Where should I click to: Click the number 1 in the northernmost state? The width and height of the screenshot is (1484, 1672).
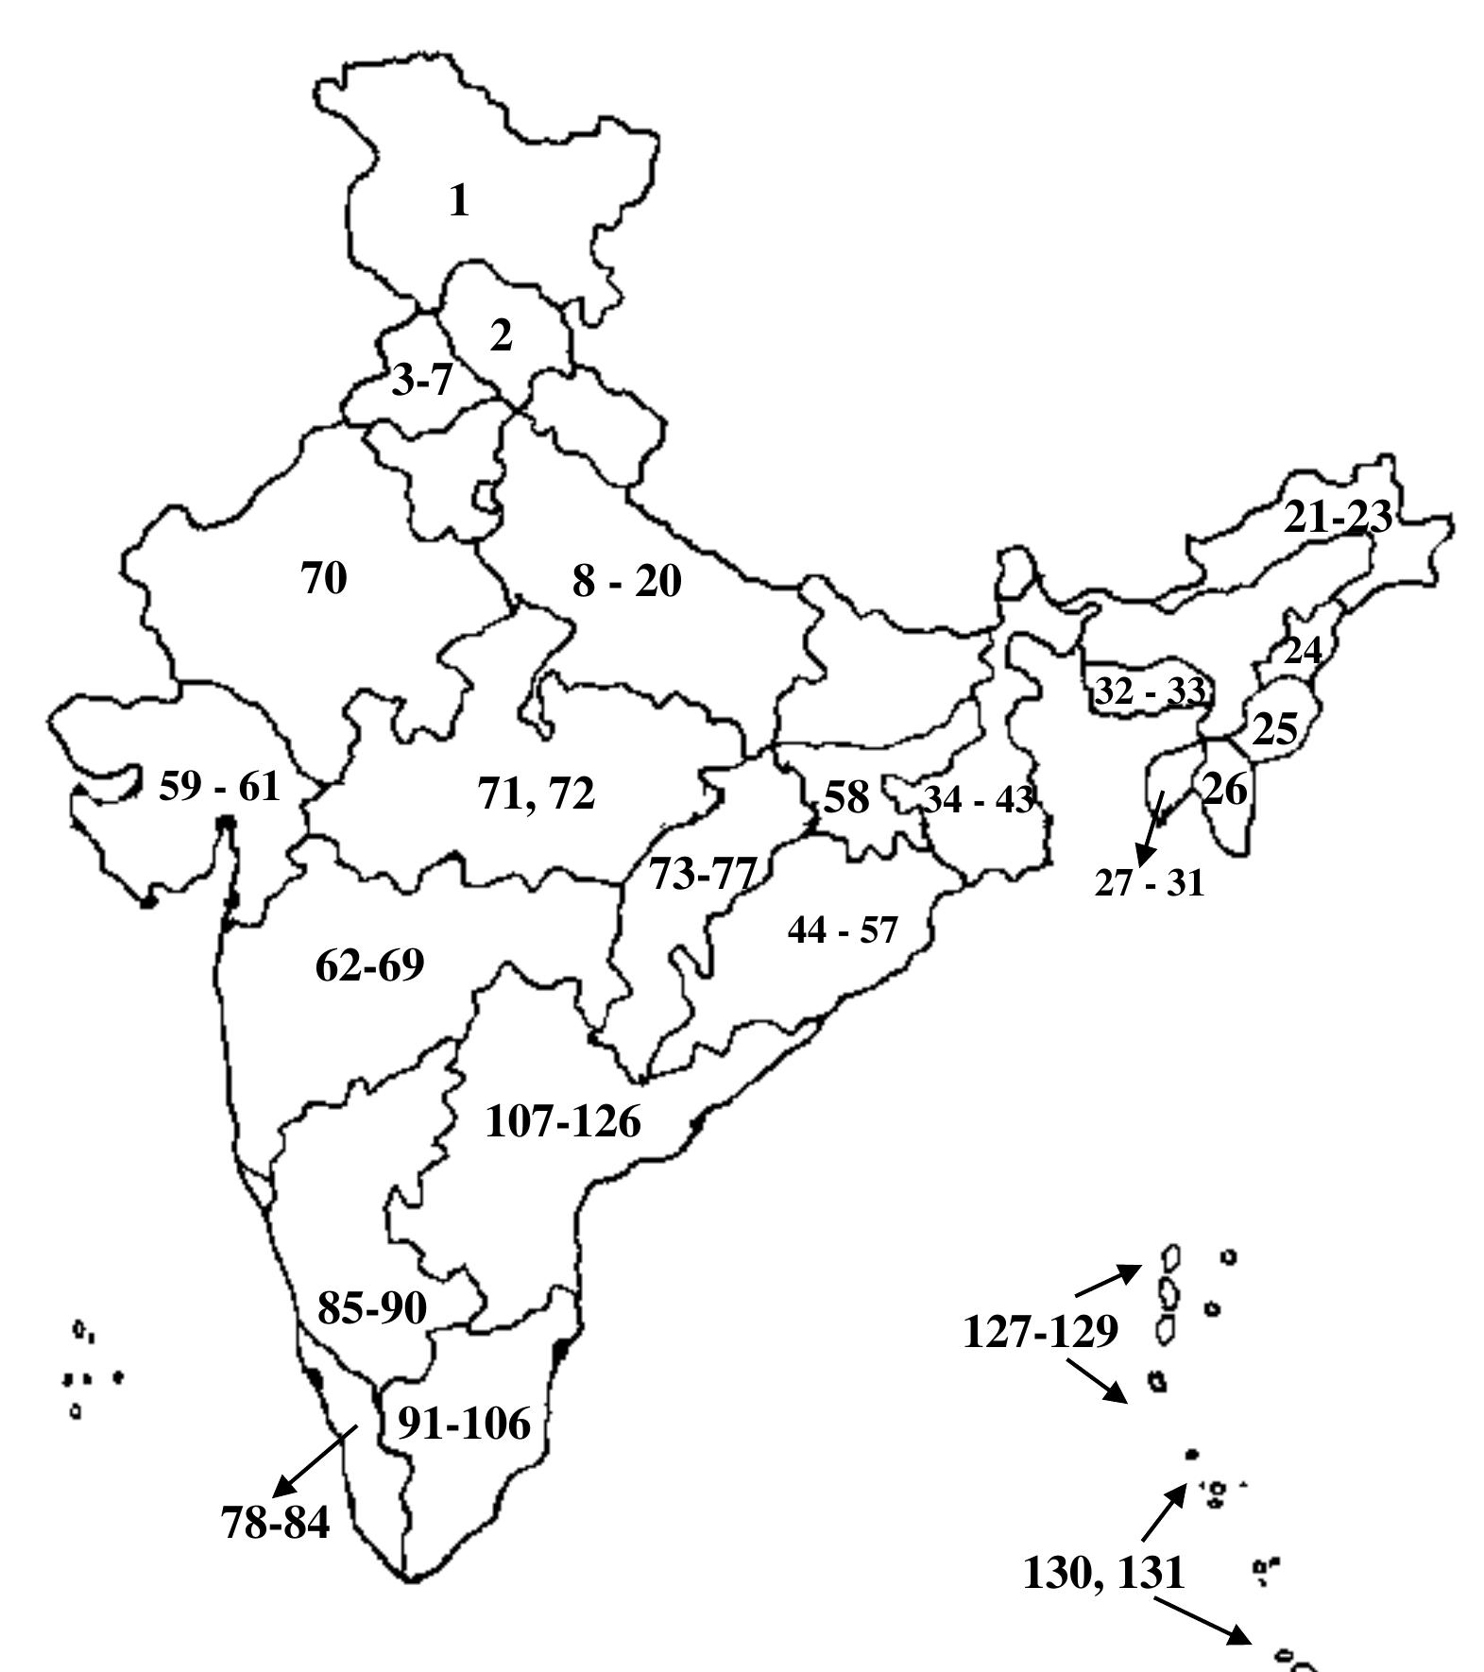click(459, 201)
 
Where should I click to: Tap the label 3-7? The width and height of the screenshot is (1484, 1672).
click(422, 381)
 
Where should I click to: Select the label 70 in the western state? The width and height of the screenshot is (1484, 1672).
click(324, 577)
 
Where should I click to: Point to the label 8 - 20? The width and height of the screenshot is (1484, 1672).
click(626, 581)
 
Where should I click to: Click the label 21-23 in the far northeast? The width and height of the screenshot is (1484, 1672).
click(1337, 517)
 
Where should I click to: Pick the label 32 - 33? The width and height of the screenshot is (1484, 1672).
click(1150, 691)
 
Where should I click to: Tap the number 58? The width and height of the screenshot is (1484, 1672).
click(846, 797)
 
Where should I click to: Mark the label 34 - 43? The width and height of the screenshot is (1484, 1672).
click(979, 800)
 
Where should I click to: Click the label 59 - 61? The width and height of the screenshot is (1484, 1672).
click(219, 786)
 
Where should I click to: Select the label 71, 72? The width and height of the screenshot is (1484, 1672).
click(537, 793)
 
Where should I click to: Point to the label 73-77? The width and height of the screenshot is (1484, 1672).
click(703, 874)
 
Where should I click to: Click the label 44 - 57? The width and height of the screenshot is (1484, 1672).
click(842, 930)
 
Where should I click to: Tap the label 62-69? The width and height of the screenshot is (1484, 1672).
click(369, 964)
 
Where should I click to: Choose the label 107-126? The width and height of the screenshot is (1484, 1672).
click(563, 1121)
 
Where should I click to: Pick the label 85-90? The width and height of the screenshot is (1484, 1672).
click(372, 1308)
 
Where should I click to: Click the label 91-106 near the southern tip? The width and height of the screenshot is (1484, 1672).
click(464, 1423)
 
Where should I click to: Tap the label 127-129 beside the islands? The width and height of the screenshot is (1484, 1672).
click(1041, 1332)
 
